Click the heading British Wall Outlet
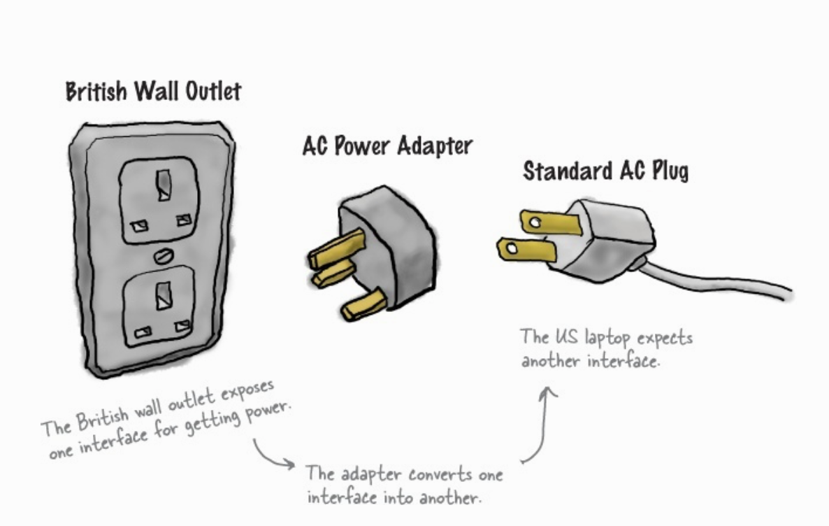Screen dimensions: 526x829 coord(153,92)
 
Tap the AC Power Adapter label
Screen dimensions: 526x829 coord(387,146)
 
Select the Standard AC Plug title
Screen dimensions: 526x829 coord(605,171)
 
